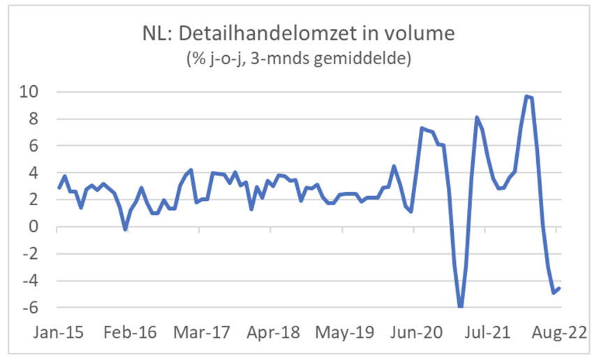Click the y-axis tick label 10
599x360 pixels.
(36, 92)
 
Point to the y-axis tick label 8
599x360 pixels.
(40, 119)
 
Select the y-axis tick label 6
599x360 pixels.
(40, 146)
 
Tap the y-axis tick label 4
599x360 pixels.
(40, 173)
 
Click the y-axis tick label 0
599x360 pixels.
(40, 227)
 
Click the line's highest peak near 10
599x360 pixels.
(526, 96)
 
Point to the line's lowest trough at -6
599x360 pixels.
(460, 307)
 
